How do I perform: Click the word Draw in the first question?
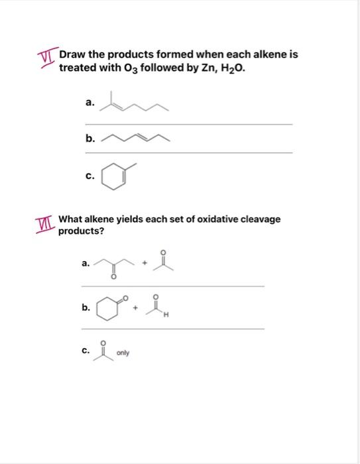coord(72,54)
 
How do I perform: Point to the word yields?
coord(132,219)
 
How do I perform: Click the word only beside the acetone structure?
coord(123,353)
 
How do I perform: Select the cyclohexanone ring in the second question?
coord(107,308)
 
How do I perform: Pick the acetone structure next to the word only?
coord(101,351)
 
